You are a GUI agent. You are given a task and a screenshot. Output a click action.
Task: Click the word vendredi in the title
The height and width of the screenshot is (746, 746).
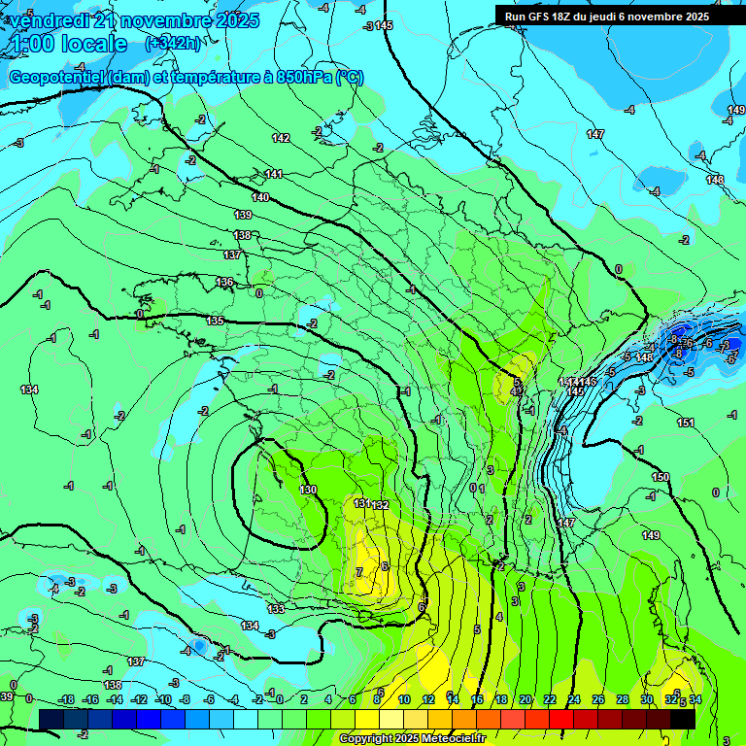coord(52,19)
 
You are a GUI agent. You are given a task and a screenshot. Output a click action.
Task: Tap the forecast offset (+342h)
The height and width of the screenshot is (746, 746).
coord(174,43)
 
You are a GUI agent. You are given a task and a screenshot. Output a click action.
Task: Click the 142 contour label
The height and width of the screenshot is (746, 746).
coord(281,139)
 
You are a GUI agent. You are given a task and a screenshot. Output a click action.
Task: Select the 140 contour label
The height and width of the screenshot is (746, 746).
coord(260,197)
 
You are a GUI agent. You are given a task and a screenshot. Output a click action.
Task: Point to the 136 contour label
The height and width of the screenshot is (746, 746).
coord(224,282)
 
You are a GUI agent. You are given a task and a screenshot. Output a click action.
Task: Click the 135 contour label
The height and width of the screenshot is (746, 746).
coord(215,321)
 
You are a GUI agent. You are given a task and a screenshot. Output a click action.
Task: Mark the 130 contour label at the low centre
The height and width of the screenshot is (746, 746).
coord(309,490)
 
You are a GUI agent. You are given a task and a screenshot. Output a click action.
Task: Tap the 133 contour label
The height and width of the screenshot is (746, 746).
coord(277,609)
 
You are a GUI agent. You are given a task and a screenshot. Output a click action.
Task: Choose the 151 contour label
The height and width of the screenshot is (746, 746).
coord(686,423)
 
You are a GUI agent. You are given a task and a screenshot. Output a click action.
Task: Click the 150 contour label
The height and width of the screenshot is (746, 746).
coord(661,477)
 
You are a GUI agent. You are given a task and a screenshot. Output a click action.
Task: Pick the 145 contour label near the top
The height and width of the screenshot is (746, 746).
coord(384,25)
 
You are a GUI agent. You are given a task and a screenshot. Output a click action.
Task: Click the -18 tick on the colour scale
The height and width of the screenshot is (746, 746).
coord(66,699)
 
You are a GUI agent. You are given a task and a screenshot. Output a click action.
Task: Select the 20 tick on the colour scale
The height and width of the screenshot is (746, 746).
coord(525,699)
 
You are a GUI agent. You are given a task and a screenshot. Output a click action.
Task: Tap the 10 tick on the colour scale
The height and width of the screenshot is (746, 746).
coord(403,699)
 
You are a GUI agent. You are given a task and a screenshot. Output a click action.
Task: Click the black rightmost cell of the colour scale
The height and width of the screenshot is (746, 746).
coord(683,718)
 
